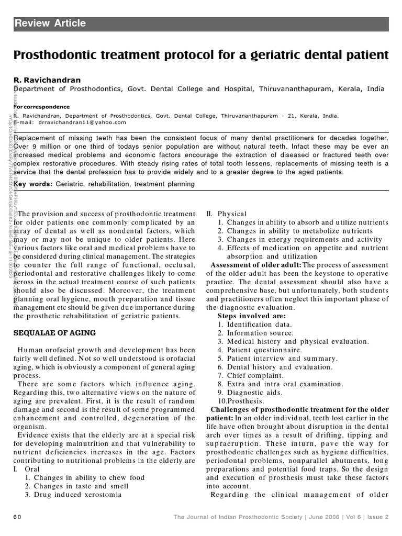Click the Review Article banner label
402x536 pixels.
[50, 24]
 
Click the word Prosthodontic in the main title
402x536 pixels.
[57, 55]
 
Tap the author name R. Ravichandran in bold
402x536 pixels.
[47, 80]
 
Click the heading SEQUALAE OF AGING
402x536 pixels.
[55, 333]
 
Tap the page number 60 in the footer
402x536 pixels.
[17, 517]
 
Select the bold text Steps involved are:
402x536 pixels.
[252, 316]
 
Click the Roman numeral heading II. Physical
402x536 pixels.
[226, 214]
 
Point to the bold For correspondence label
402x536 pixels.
[41, 106]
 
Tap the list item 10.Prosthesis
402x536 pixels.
[242, 401]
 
